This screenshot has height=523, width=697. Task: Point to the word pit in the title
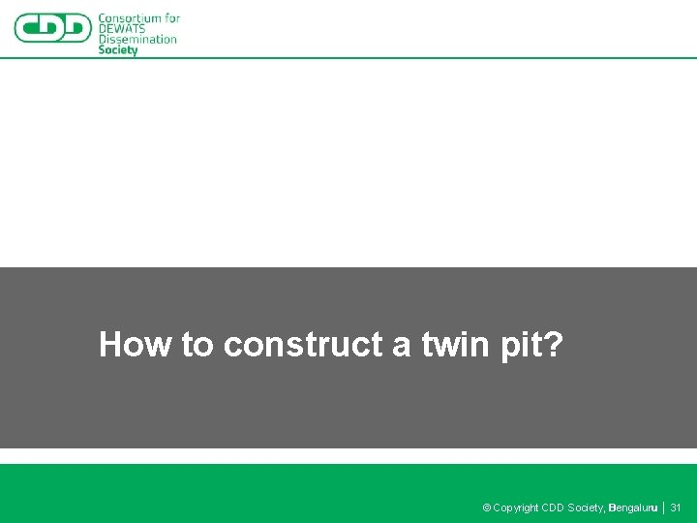(522, 345)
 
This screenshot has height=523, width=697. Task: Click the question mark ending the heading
(553, 345)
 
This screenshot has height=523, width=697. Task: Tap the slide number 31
(676, 508)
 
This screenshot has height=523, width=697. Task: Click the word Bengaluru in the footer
(634, 508)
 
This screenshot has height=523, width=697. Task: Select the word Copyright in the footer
(516, 508)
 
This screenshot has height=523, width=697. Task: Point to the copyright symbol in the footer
(487, 508)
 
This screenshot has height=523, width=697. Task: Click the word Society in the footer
(587, 508)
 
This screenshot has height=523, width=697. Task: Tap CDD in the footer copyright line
(553, 508)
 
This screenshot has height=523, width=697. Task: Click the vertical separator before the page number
(664, 508)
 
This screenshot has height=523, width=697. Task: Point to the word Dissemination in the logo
(137, 40)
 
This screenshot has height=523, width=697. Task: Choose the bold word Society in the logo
(118, 50)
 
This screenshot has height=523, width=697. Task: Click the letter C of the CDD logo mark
(29, 28)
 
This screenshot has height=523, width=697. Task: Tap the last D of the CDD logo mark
(77, 28)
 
